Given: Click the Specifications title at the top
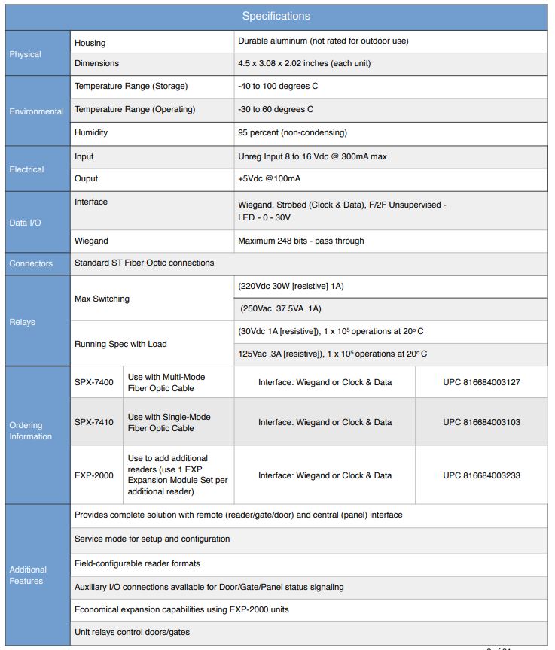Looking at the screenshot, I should click(276, 16).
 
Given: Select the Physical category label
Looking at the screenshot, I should click(26, 54).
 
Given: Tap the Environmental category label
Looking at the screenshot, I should click(36, 111).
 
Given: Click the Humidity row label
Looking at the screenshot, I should click(91, 133).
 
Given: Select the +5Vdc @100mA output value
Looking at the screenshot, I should click(273, 179).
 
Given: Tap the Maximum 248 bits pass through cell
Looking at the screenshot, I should click(300, 241).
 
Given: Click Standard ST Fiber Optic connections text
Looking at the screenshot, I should click(144, 263).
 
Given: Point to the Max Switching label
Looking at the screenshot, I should click(102, 299).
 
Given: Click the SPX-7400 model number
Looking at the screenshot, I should click(94, 383).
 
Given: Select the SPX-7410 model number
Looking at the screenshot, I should click(94, 423).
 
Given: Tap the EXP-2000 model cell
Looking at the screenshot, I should click(94, 476).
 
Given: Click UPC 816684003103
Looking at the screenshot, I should click(481, 423).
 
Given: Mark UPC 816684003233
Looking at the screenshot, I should click(481, 476).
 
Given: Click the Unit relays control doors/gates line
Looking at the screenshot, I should click(132, 633).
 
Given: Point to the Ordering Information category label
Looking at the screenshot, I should click(31, 431).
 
